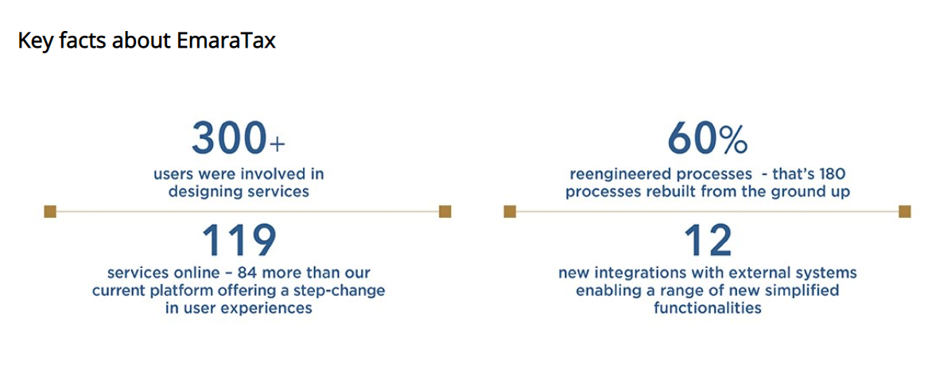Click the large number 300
(228, 138)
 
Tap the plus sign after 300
(277, 145)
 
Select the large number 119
(239, 239)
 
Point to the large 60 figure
(691, 138)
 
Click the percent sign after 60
(732, 140)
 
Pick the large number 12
(708, 239)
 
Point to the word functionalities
(708, 308)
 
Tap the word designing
(203, 192)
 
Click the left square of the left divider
(50, 211)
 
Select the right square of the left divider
(445, 211)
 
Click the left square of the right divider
(511, 211)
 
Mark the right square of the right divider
(904, 211)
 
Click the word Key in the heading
(33, 41)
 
